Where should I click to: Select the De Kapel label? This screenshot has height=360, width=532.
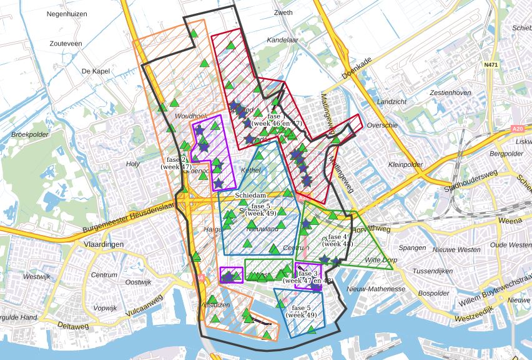96,71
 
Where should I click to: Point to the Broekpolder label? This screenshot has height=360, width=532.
30,134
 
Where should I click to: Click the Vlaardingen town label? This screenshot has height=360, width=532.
104,244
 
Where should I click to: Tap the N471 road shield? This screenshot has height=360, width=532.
491,64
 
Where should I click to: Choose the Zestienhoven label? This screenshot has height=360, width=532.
450,92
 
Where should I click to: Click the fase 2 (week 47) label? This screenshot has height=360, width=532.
176,163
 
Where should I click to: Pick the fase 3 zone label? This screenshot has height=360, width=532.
308,277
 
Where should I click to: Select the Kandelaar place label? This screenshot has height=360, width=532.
283,39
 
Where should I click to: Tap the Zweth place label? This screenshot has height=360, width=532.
283,12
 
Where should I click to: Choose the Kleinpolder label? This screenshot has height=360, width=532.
405,165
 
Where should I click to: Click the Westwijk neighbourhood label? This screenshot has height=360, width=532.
36,276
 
